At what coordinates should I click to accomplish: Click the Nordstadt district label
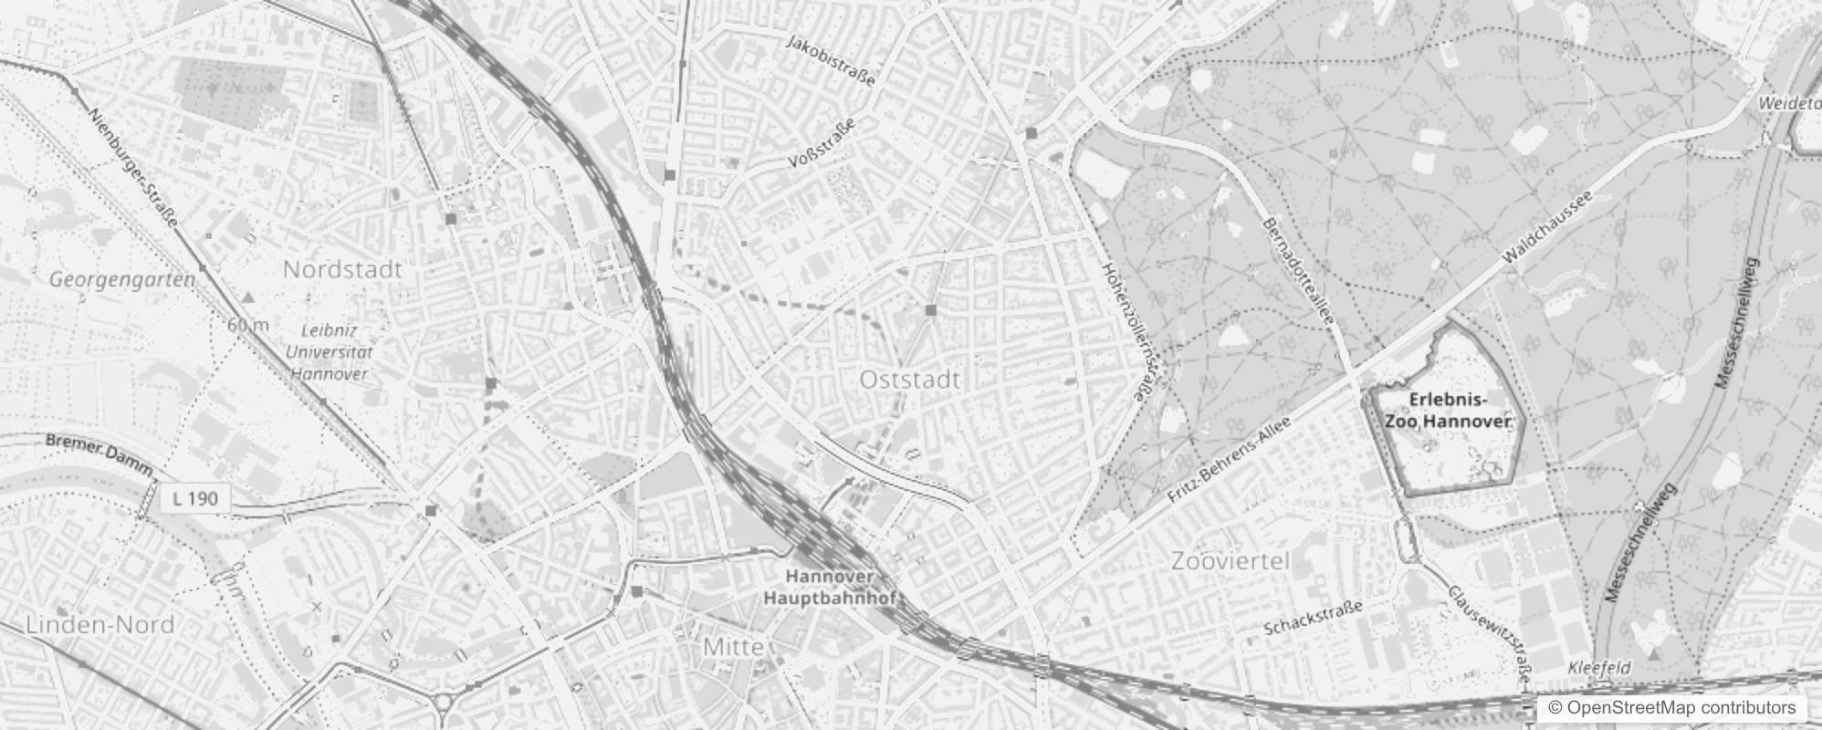coord(342,270)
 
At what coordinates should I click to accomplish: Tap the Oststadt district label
coord(910,380)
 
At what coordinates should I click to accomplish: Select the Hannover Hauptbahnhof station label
coord(831,588)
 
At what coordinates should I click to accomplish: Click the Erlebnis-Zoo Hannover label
coord(1448,412)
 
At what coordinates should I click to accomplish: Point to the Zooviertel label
coord(1230,561)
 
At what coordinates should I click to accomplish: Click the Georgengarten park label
coord(122,279)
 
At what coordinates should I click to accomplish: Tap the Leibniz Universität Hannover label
coord(330,352)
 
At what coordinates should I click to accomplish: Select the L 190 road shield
coord(195,498)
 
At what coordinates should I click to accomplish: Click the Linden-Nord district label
coord(99,625)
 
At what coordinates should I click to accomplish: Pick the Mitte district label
coord(733,647)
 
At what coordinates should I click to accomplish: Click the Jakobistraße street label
coord(830,60)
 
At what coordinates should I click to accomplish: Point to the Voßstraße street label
coord(822,143)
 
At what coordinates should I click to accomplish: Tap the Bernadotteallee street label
coord(1298,272)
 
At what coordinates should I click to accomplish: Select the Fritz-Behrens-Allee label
coord(1230,461)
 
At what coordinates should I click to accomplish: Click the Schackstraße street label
coord(1313,619)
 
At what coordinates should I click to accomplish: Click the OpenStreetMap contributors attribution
coord(1671,708)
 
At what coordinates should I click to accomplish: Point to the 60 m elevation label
coord(248,325)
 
